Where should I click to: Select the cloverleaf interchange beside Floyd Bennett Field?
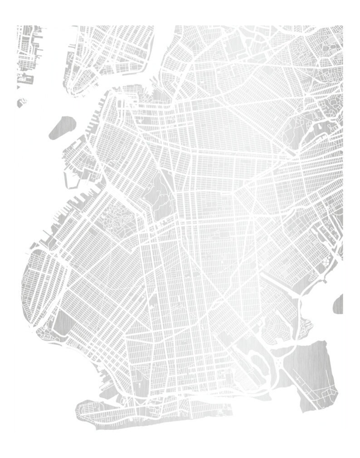click(x=277, y=362)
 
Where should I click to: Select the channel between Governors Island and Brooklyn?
click(x=79, y=136)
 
